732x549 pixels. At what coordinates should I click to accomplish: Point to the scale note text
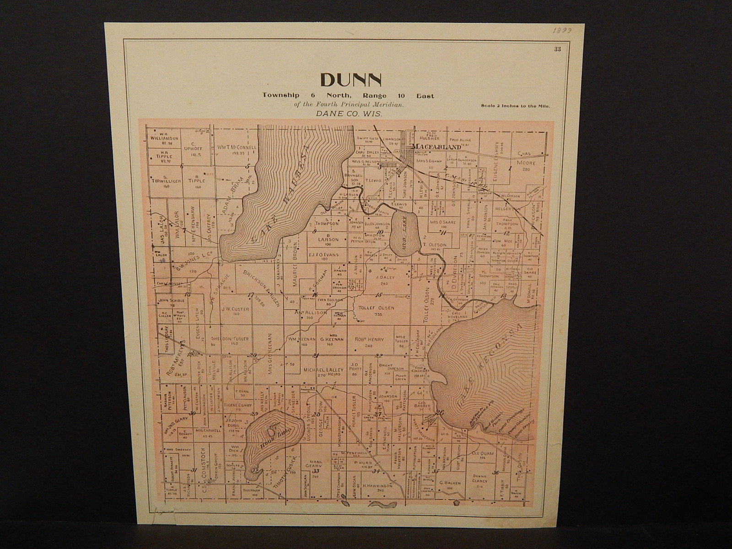tap(516, 106)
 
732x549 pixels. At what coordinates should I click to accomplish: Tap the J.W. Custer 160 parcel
tap(235, 311)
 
